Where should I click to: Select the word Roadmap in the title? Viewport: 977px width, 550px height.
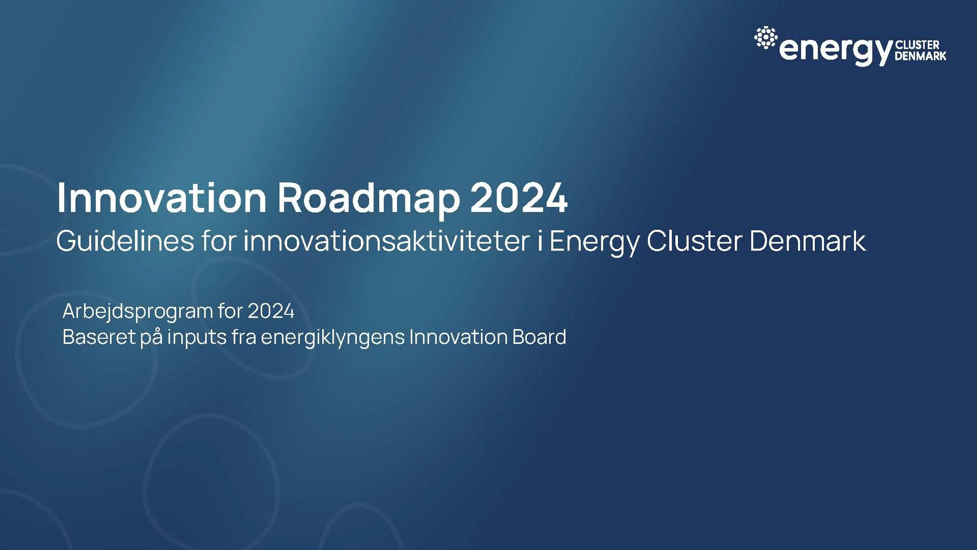(369, 200)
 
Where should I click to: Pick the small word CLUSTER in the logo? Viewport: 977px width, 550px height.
(917, 45)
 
